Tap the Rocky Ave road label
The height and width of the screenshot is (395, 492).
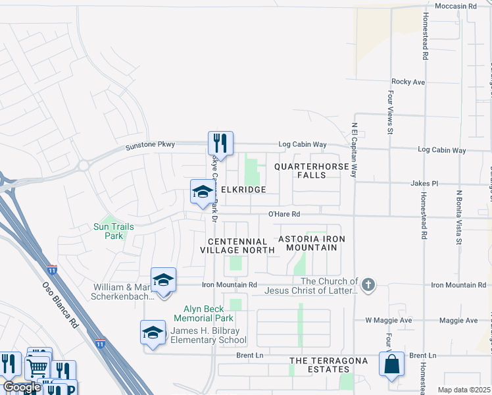408,82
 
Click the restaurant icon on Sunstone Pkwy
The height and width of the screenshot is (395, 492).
220,143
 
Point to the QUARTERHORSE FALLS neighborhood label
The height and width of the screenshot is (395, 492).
311,171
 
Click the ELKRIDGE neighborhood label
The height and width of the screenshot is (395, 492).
243,190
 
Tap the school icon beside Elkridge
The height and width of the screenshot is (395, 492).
202,192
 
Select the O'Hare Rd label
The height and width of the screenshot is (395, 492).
283,214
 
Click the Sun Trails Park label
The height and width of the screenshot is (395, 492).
109,231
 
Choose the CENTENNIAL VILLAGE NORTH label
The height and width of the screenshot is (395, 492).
237,246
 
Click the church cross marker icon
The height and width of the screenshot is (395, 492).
368,284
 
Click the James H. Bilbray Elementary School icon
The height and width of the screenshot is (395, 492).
153,332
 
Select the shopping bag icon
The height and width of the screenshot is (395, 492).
391,364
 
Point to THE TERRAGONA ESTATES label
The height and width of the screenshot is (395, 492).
328,361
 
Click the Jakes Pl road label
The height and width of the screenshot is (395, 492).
424,184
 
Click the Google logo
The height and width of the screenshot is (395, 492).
21,387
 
